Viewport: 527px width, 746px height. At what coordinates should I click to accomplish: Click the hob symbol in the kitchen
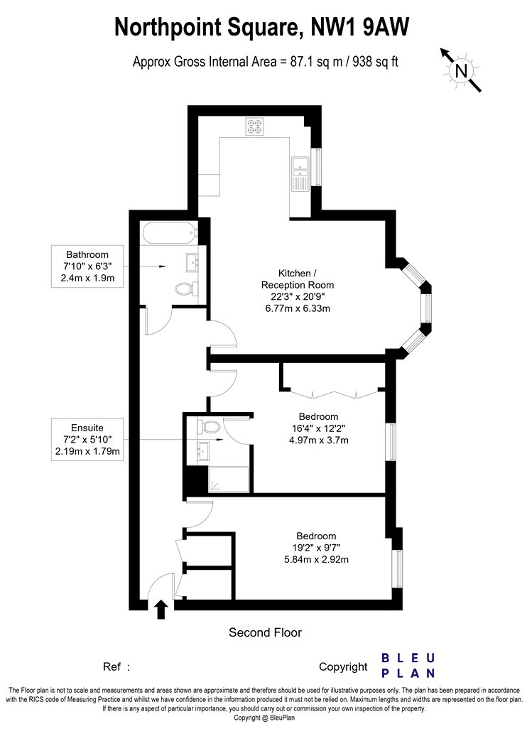[254, 126]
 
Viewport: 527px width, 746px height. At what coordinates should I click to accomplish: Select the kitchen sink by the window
[300, 173]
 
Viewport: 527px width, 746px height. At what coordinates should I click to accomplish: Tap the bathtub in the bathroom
[169, 233]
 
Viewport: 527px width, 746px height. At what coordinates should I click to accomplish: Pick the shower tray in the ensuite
[229, 479]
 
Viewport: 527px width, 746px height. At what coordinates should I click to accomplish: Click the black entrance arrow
[161, 610]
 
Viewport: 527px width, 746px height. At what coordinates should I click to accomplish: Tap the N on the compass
[461, 71]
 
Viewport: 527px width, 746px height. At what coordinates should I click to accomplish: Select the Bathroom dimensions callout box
[87, 266]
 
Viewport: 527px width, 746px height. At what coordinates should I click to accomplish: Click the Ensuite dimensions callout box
[87, 440]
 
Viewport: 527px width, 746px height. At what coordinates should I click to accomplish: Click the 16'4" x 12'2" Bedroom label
[319, 428]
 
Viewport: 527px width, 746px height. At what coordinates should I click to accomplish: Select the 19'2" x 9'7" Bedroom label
[316, 548]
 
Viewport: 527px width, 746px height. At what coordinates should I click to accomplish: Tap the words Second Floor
[266, 632]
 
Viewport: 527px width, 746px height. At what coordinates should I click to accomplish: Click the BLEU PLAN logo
[408, 666]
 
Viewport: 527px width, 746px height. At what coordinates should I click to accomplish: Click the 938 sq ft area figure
[375, 62]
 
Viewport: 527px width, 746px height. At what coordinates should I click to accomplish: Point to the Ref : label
[116, 666]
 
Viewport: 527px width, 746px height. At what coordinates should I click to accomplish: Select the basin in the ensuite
[205, 450]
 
